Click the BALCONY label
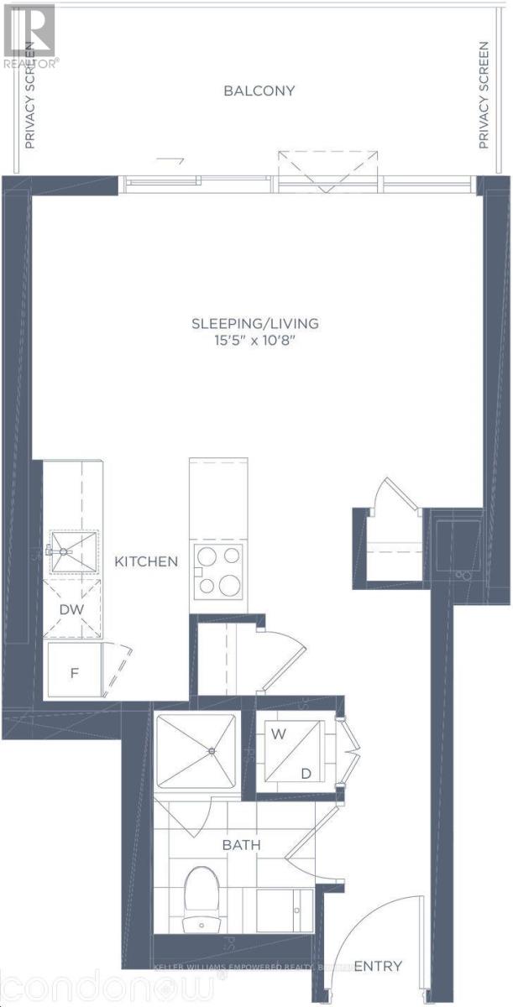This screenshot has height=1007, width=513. point(259,91)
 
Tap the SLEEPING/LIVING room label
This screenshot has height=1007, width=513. point(256,323)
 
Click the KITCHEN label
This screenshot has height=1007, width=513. point(147,561)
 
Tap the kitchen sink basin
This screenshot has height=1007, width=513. point(74,550)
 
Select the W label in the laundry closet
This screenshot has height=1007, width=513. point(275,733)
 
